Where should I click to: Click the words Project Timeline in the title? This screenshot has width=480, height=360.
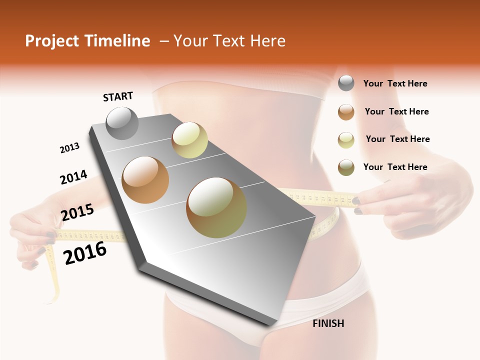click(87, 41)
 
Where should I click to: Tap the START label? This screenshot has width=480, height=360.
click(118, 96)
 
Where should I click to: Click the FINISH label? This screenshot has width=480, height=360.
click(328, 323)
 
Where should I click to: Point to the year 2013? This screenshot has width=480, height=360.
click(69, 148)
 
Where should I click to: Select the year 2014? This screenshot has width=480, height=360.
click(73, 177)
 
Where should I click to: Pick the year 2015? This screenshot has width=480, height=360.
click(77, 212)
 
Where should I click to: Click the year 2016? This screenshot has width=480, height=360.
click(85, 252)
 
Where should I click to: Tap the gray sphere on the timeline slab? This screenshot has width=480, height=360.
click(122, 123)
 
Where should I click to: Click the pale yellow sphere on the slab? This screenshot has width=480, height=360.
click(189, 140)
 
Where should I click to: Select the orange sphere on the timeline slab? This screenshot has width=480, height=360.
click(145, 180)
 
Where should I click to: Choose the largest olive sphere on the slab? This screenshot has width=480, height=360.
click(216, 207)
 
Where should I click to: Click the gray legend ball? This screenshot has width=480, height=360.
click(346, 83)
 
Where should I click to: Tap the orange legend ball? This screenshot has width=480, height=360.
click(346, 112)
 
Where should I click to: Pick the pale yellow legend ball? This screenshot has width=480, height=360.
click(346, 140)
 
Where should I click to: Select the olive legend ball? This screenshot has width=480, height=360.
click(346, 167)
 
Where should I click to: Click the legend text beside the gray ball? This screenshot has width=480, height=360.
click(395, 83)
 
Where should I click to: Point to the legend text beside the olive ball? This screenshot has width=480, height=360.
click(395, 167)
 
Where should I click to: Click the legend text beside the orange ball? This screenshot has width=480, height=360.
click(396, 111)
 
